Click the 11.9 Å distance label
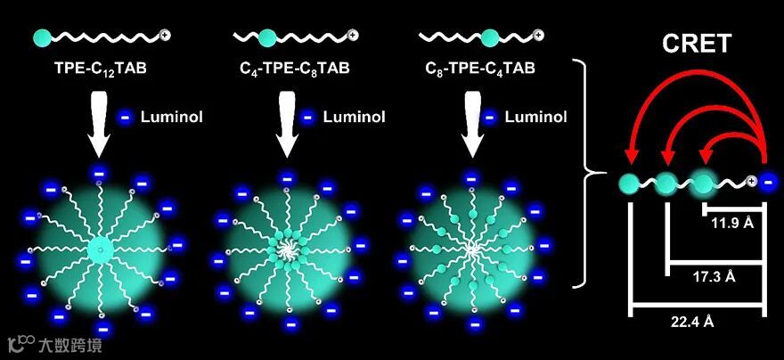coord(732,223)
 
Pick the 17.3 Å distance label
coord(714,276)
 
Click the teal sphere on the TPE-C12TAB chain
coord(42,37)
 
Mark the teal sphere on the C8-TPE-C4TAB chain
coord(489,37)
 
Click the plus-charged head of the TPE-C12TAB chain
coord(166,37)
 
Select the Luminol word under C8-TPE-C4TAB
coord(533,117)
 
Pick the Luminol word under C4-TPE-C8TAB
coord(350,117)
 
